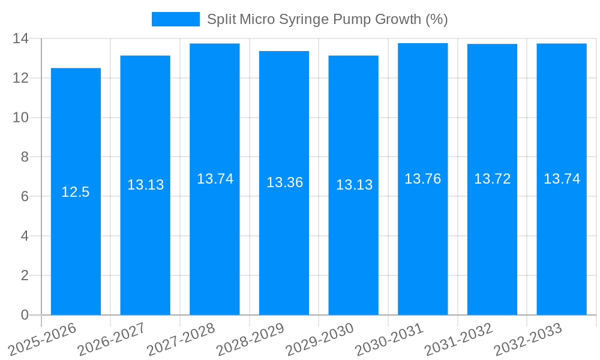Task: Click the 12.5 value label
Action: click(76, 192)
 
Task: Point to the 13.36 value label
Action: click(284, 182)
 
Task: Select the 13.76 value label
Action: click(422, 179)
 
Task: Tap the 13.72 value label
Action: click(492, 179)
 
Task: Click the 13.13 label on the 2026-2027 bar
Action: click(145, 185)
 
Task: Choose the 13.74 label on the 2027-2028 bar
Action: click(215, 179)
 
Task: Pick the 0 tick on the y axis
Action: click(25, 315)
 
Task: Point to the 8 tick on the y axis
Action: click(25, 157)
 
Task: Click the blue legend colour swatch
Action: click(175, 19)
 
